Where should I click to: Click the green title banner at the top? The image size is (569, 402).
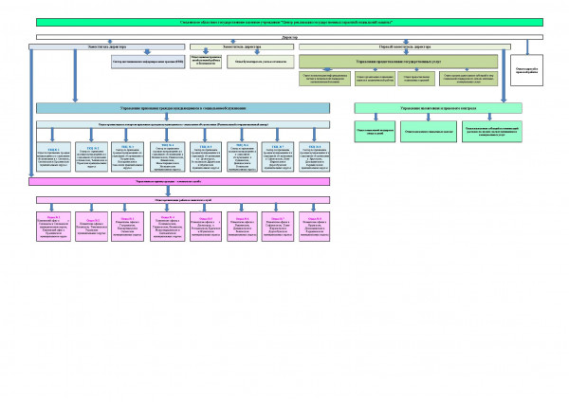[284, 21]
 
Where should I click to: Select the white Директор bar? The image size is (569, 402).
[284, 37]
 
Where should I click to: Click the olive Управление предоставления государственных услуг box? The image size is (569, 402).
[398, 60]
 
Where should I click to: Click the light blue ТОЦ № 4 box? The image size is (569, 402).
[166, 157]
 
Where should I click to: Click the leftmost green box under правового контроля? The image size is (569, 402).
[374, 131]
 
